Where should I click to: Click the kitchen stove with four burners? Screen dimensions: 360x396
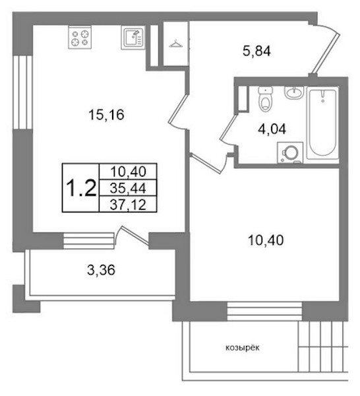coord(80,38)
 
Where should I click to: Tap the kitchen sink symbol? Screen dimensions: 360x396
coord(133,38)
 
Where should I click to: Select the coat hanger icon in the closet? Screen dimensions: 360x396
coord(176,44)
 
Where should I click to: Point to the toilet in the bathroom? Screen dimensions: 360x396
coord(266,99)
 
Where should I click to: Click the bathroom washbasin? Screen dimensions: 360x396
coord(293,92)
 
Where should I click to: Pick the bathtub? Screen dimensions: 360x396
coord(322,123)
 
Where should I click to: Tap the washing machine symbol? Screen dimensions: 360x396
coord(290,153)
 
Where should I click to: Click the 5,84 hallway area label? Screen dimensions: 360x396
coord(256,51)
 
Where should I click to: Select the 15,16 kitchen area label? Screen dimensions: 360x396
coord(106,115)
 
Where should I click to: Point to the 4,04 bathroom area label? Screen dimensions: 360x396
coord(272,129)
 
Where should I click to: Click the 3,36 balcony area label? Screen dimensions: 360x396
coord(101,270)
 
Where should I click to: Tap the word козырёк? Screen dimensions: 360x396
coord(242,348)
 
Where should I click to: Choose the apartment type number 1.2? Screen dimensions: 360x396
coord(81,188)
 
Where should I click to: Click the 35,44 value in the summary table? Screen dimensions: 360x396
coord(128,188)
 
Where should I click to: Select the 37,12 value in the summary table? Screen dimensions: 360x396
coord(128,205)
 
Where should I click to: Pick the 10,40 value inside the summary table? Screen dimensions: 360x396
coord(128,172)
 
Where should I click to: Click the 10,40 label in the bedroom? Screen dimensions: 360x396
coord(266,240)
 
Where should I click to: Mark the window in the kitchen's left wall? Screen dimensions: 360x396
coord(22,92)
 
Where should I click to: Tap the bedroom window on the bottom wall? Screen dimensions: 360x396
coord(264,311)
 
